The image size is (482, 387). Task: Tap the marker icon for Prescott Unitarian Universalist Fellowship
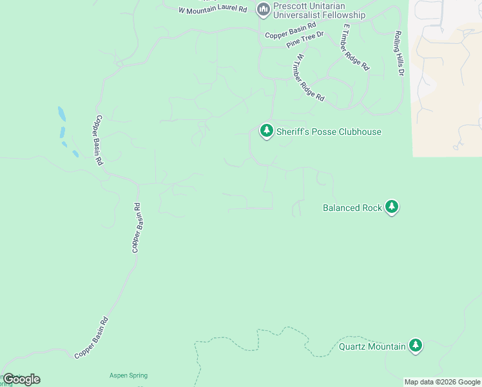(x=262, y=9)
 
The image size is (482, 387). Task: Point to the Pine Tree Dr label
(x=304, y=39)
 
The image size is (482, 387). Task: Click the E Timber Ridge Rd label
(x=356, y=47)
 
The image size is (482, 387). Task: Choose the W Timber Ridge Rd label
(x=309, y=77)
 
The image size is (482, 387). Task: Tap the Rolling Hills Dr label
(x=398, y=54)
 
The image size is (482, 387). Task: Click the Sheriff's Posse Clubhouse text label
(x=329, y=132)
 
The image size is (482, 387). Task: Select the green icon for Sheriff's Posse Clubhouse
(x=266, y=130)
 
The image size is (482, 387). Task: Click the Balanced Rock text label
(x=352, y=208)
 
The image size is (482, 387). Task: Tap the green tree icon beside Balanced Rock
(x=392, y=207)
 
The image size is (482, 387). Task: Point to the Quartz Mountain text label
(x=372, y=346)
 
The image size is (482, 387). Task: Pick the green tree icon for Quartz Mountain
(x=416, y=346)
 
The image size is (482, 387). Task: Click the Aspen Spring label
(x=128, y=375)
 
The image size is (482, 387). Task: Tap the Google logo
(x=21, y=379)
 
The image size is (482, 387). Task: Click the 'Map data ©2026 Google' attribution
(x=442, y=382)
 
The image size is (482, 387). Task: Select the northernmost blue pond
(x=61, y=114)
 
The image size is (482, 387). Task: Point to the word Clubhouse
(x=357, y=132)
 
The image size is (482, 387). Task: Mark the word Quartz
(x=352, y=346)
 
